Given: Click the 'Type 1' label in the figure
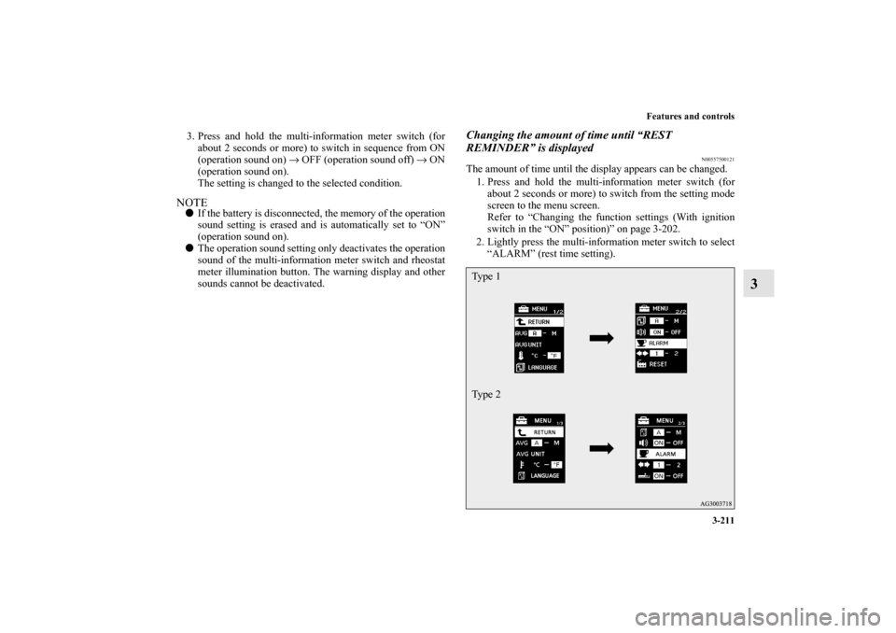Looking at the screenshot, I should (x=486, y=277).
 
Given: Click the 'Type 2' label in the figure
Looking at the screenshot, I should (x=486, y=394).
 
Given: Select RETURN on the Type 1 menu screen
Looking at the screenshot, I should (x=542, y=321).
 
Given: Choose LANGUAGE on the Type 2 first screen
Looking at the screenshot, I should (x=546, y=475).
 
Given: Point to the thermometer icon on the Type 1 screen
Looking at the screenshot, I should (x=520, y=355).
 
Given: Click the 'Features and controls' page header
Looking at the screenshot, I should (x=686, y=117).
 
